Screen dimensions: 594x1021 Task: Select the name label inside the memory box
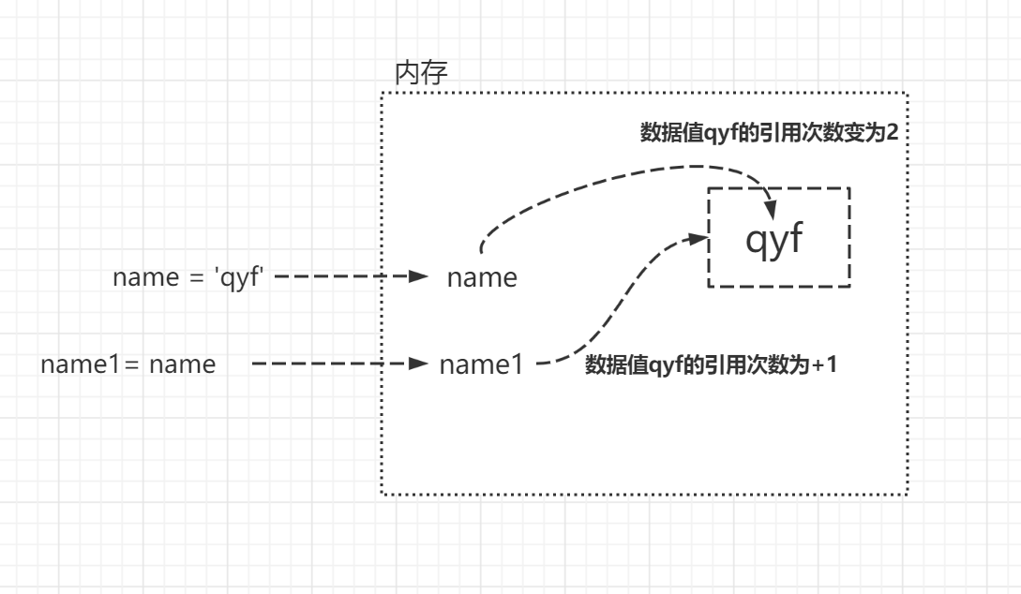(482, 277)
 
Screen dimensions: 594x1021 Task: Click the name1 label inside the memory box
(481, 364)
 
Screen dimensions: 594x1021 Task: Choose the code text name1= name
(128, 364)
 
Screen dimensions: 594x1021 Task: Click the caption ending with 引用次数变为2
(769, 131)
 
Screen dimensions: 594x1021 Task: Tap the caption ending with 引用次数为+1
(710, 364)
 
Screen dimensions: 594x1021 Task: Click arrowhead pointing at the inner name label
(421, 277)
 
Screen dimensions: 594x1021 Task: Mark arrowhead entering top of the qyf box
(772, 204)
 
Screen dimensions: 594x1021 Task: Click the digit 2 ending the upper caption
(893, 131)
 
